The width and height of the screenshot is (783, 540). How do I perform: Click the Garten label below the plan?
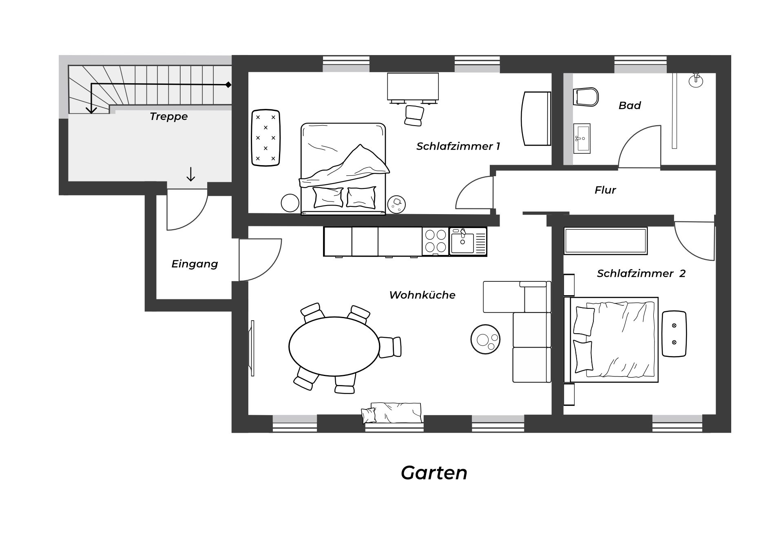[434, 473]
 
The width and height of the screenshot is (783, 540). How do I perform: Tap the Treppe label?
[168, 117]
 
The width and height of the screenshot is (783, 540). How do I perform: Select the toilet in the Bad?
[586, 97]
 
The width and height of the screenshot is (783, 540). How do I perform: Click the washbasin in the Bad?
[582, 139]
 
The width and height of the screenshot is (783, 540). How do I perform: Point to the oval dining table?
[334, 347]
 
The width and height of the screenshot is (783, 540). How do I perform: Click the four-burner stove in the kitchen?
[436, 241]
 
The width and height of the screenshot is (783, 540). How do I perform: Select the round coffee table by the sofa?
[485, 339]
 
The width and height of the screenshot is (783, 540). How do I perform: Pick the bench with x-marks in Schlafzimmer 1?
[265, 138]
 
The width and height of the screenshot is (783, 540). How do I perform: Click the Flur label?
[605, 190]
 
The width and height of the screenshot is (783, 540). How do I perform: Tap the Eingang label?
[195, 264]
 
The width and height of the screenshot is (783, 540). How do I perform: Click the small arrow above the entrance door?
[190, 174]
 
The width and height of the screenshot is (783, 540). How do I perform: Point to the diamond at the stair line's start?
[228, 85]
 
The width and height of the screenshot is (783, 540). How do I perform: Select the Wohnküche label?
[422, 295]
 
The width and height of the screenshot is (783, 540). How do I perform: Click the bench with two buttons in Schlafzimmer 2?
[674, 334]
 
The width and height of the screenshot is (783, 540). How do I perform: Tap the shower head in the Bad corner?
[696, 80]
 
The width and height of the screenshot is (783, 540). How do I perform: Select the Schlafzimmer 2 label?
[641, 274]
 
